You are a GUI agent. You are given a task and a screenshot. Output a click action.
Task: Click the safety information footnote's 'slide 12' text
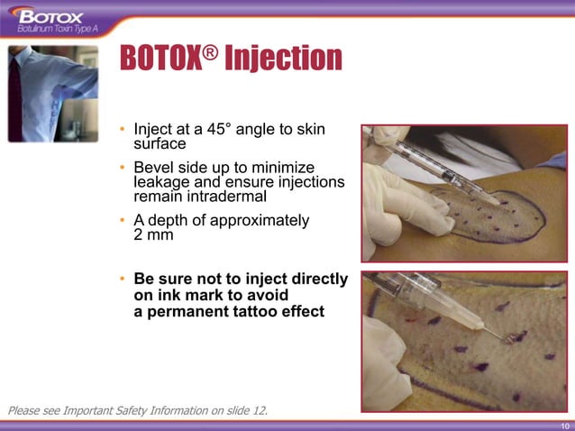tap(246, 411)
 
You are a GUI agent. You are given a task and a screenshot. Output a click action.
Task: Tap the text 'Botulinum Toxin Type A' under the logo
tap(50, 30)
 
